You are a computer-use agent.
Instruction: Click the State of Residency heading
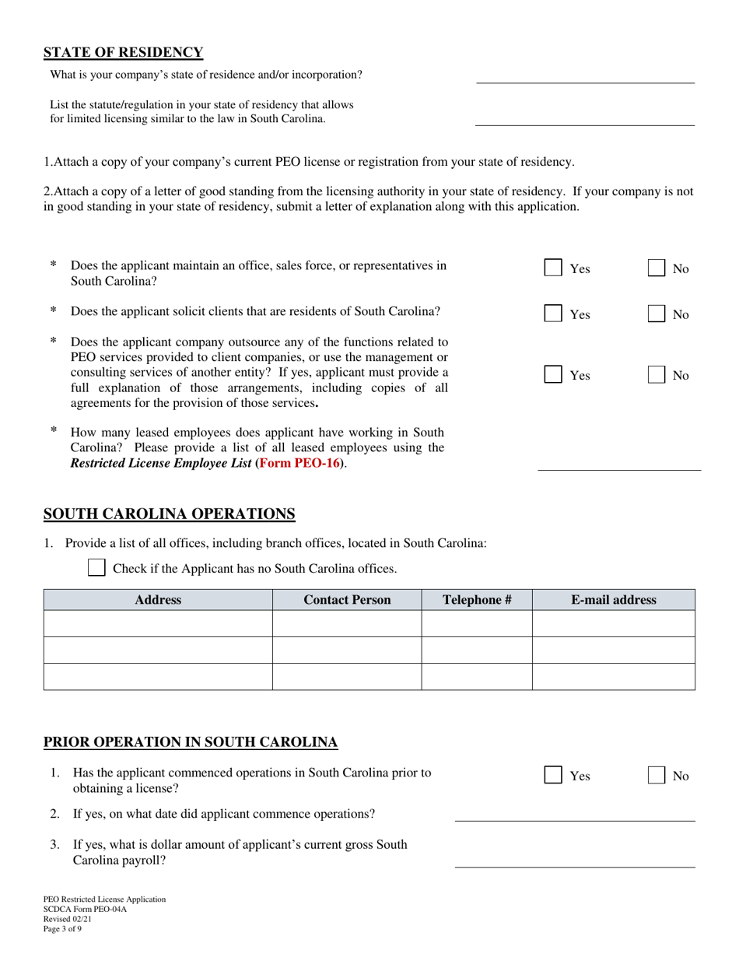[123, 53]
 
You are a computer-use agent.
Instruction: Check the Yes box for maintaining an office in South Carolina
[553, 268]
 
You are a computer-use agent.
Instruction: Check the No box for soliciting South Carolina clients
[657, 314]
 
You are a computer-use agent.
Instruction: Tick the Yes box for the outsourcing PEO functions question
[553, 375]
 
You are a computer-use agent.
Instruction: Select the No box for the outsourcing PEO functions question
[657, 375]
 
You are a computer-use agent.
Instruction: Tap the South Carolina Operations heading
[169, 514]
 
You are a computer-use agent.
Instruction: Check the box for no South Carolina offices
[96, 568]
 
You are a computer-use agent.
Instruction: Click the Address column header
[158, 600]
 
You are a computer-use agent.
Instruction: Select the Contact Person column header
[347, 600]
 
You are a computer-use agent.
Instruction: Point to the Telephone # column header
[476, 600]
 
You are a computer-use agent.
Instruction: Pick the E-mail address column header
[613, 600]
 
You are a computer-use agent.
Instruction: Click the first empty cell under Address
[158, 624]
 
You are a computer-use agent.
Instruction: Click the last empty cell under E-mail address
[613, 677]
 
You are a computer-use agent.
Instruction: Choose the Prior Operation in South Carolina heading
[191, 742]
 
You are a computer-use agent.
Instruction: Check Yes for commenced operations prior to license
[553, 776]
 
